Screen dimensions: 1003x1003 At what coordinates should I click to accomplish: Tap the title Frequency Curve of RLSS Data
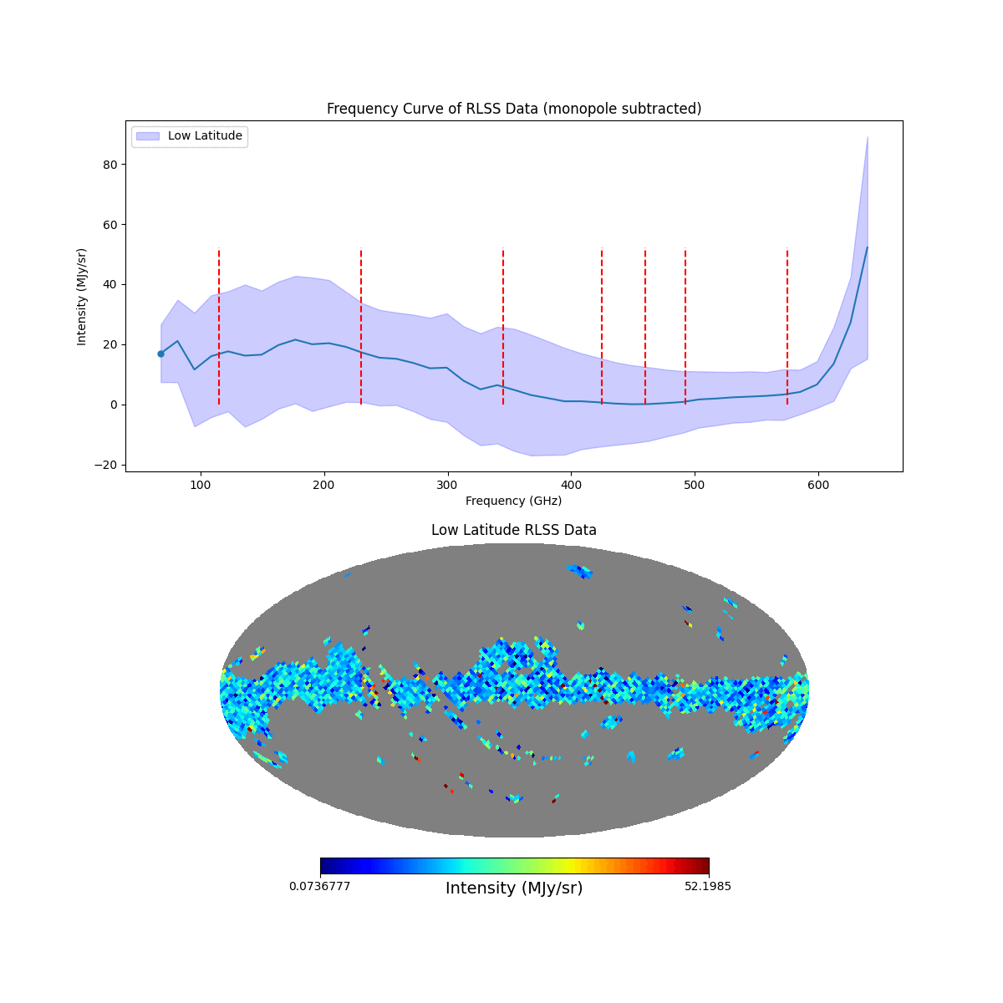pos(513,109)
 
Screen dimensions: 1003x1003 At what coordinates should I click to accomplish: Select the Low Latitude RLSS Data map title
pos(513,530)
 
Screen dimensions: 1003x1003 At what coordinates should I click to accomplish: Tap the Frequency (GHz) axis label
pos(513,501)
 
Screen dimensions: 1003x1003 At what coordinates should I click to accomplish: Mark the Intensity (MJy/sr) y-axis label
pos(82,296)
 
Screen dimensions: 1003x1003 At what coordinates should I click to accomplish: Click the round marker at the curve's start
pos(160,354)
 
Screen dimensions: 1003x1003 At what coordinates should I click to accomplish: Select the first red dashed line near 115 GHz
pos(219,326)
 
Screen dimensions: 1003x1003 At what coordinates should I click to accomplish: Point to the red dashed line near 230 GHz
pos(361,326)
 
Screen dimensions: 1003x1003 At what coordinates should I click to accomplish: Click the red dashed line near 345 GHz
pos(503,326)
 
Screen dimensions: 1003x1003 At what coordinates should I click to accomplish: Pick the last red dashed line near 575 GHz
pos(787,326)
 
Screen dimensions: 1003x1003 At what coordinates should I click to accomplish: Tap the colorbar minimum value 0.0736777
pos(320,886)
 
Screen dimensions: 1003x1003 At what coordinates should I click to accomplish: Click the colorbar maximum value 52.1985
pos(707,886)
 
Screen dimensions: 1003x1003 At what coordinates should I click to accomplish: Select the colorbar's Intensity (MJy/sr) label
pos(514,888)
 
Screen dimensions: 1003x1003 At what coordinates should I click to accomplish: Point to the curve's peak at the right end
pos(867,247)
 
